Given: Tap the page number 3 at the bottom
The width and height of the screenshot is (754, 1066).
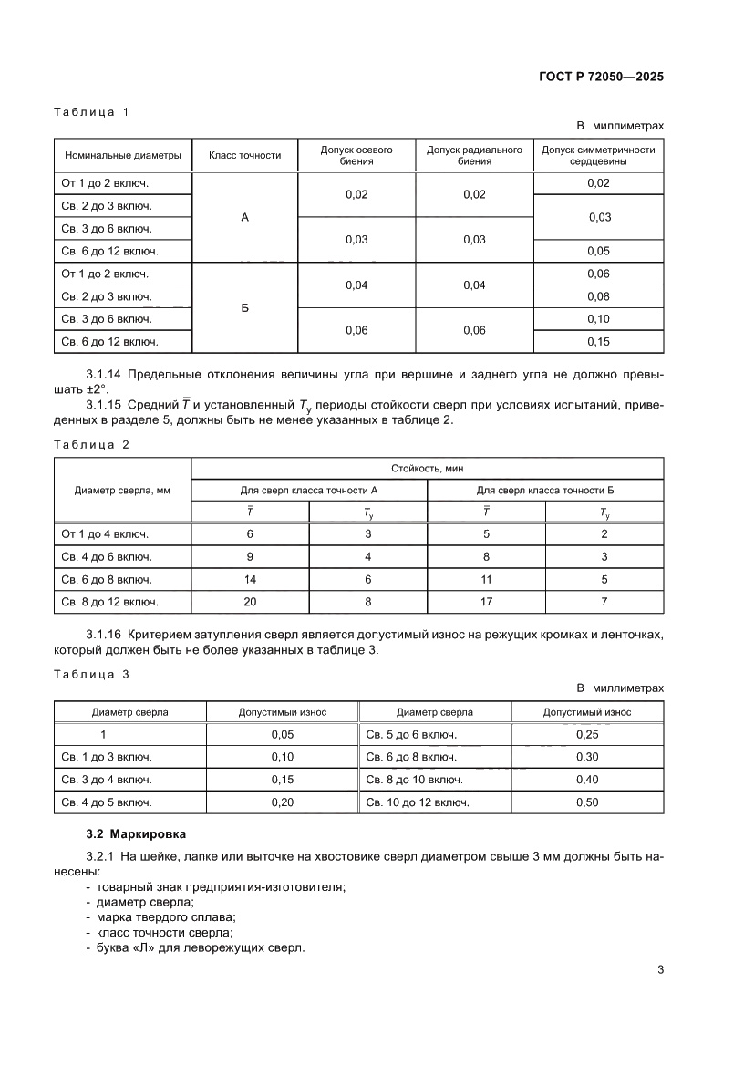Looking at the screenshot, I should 660,969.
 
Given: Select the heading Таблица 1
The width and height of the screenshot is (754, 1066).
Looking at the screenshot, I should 92,112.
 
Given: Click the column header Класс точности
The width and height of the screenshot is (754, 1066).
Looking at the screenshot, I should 244,155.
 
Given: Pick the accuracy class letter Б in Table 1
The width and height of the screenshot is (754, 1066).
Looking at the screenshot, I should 244,308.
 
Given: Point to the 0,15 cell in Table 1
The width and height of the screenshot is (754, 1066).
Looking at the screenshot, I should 598,342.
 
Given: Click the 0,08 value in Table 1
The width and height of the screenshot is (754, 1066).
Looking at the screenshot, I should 598,296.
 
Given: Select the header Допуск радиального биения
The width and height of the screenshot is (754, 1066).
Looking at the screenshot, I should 474,155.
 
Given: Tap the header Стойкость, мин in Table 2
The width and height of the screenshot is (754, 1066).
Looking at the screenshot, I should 428,468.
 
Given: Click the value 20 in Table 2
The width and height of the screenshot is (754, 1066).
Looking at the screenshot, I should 250,602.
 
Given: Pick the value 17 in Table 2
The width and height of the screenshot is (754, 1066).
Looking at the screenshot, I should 486,602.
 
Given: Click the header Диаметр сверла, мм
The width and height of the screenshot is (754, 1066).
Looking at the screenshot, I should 123,490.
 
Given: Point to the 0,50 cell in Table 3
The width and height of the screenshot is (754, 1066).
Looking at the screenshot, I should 587,802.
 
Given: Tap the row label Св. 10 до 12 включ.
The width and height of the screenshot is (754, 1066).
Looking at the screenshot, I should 418,802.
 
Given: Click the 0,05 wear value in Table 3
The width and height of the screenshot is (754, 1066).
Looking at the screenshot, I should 283,734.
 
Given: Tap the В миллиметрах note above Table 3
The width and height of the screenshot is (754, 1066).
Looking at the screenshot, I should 620,688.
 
